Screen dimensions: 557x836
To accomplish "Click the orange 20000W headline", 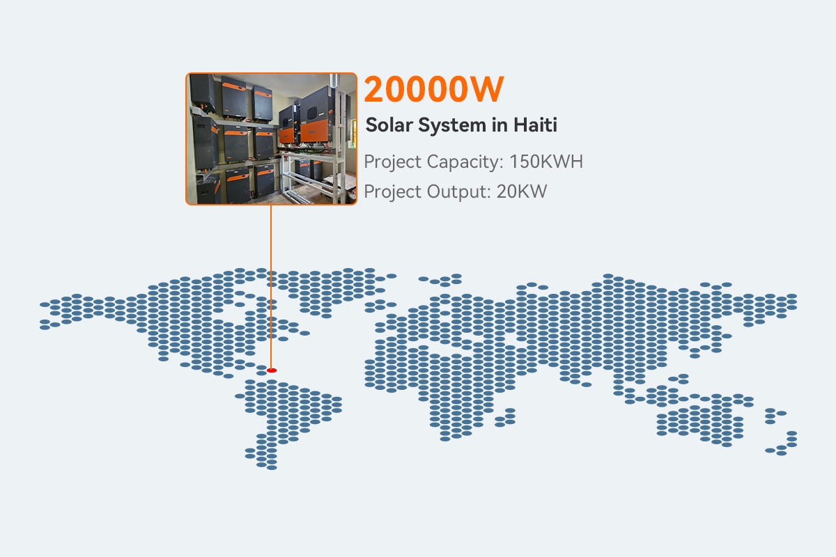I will point(433,90).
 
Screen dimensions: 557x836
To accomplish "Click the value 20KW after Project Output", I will point(522,192).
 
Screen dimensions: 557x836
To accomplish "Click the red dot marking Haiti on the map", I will point(272,370).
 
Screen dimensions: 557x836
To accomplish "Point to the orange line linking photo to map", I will point(270,285).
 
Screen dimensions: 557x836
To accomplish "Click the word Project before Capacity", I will point(393,162).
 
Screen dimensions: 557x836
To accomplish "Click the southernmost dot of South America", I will point(272,466).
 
